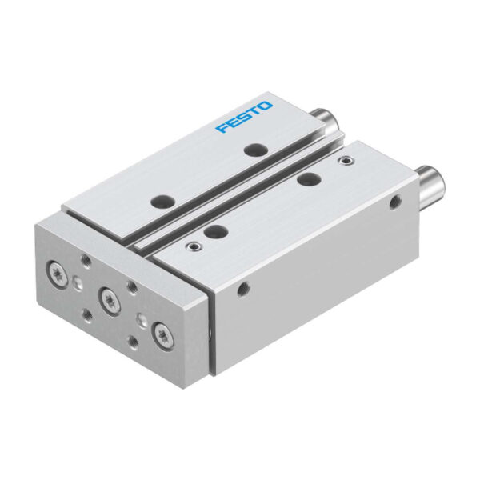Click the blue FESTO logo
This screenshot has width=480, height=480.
pos(244,117)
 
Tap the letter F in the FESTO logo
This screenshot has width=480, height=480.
pos(222,128)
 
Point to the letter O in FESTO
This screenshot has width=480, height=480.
pos(266,106)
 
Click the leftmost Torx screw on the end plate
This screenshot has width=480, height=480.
pos(58,270)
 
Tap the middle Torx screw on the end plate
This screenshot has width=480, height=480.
pos(110,299)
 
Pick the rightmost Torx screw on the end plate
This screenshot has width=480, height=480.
pos(163,333)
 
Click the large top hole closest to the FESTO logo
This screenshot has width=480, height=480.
pos(256,149)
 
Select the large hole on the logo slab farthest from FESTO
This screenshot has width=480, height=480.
pos(163,202)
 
